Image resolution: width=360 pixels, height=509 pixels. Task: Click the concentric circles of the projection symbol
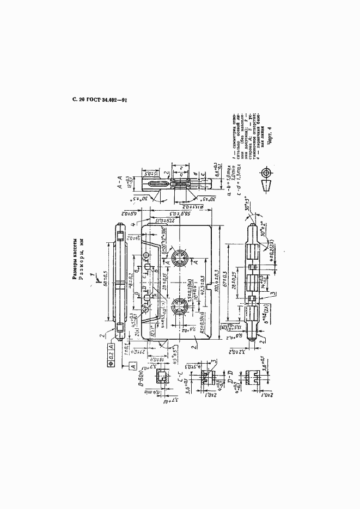coord(266,173)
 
